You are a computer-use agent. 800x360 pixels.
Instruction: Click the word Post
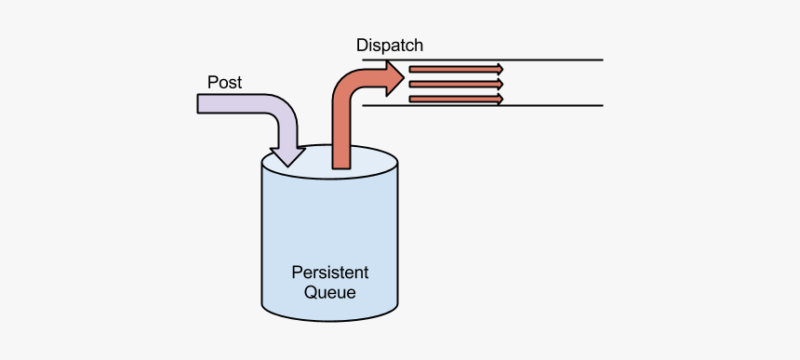pyautogui.click(x=224, y=82)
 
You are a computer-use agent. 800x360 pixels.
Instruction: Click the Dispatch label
pyautogui.click(x=391, y=45)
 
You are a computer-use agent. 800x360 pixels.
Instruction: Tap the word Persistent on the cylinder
pyautogui.click(x=329, y=273)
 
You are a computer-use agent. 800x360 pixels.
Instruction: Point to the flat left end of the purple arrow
pyautogui.click(x=199, y=103)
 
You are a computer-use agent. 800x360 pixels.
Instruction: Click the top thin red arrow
pyautogui.click(x=455, y=68)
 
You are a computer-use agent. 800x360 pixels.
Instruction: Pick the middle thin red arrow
pyautogui.click(x=455, y=83)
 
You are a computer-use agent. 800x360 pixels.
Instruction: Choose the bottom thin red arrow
pyautogui.click(x=455, y=98)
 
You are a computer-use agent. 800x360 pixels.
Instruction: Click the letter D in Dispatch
pyautogui.click(x=362, y=45)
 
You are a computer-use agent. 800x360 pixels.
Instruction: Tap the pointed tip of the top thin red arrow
pyautogui.click(x=502, y=68)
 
